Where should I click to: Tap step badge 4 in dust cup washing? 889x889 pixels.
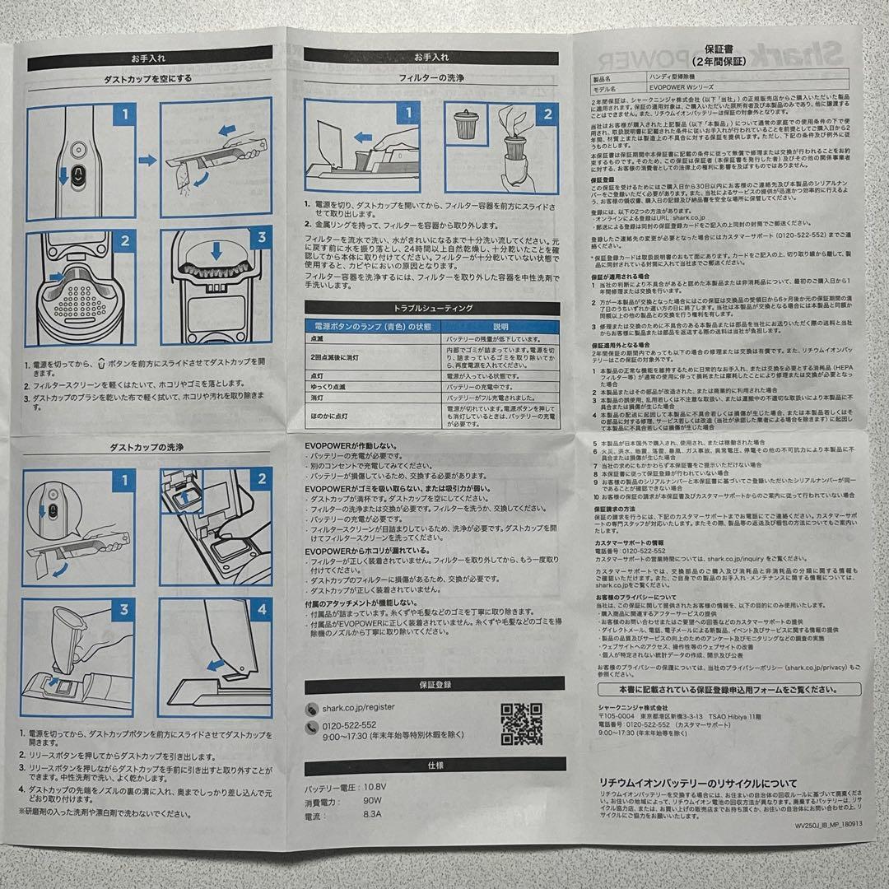pyautogui.click(x=261, y=611)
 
